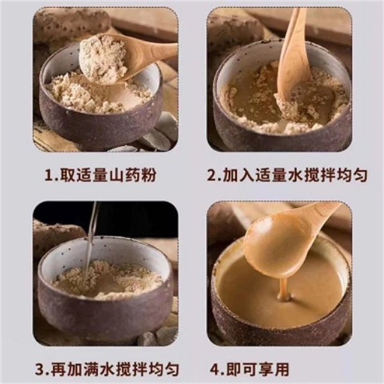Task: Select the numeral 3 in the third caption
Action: pyautogui.click(x=40, y=369)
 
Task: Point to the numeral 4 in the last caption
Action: pyautogui.click(x=215, y=369)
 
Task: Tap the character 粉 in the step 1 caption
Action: pyautogui.click(x=149, y=175)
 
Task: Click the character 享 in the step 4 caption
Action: pyautogui.click(x=265, y=369)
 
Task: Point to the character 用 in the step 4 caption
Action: pyautogui.click(x=281, y=369)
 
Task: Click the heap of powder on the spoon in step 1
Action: pyautogui.click(x=103, y=58)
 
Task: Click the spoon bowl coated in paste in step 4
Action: pyautogui.click(x=272, y=247)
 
